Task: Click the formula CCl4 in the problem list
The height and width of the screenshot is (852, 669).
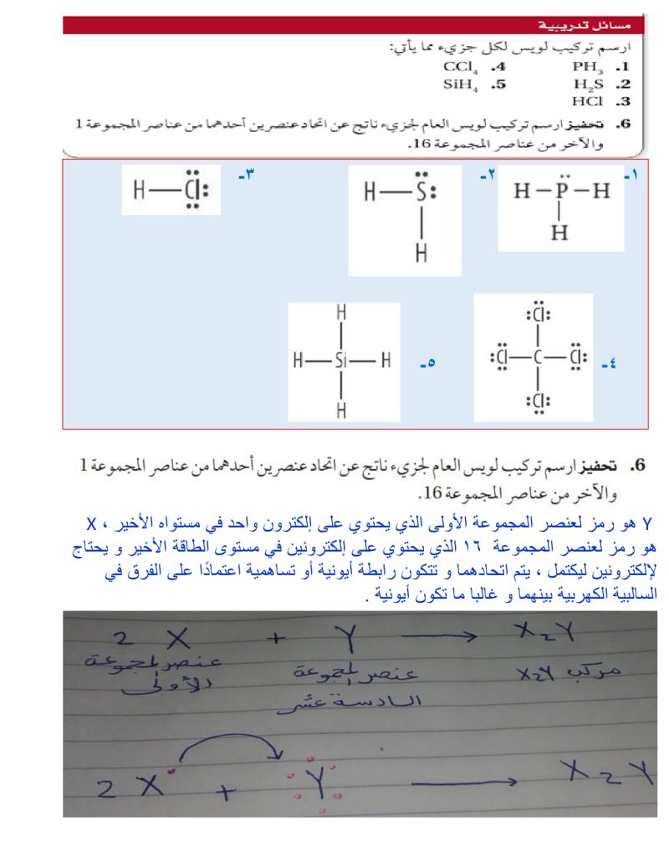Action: pyautogui.click(x=460, y=66)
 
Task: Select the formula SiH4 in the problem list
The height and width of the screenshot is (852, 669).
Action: pyautogui.click(x=459, y=84)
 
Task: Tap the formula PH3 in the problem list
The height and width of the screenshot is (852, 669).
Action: pyautogui.click(x=588, y=66)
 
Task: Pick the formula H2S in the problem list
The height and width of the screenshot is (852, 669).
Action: pyautogui.click(x=589, y=84)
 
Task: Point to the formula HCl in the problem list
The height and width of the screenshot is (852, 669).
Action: pyautogui.click(x=588, y=101)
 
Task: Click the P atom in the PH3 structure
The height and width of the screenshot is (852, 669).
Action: pyautogui.click(x=561, y=191)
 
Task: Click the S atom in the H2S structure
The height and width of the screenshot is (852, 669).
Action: pyautogui.click(x=422, y=192)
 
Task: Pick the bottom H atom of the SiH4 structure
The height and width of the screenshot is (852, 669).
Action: pyautogui.click(x=340, y=410)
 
